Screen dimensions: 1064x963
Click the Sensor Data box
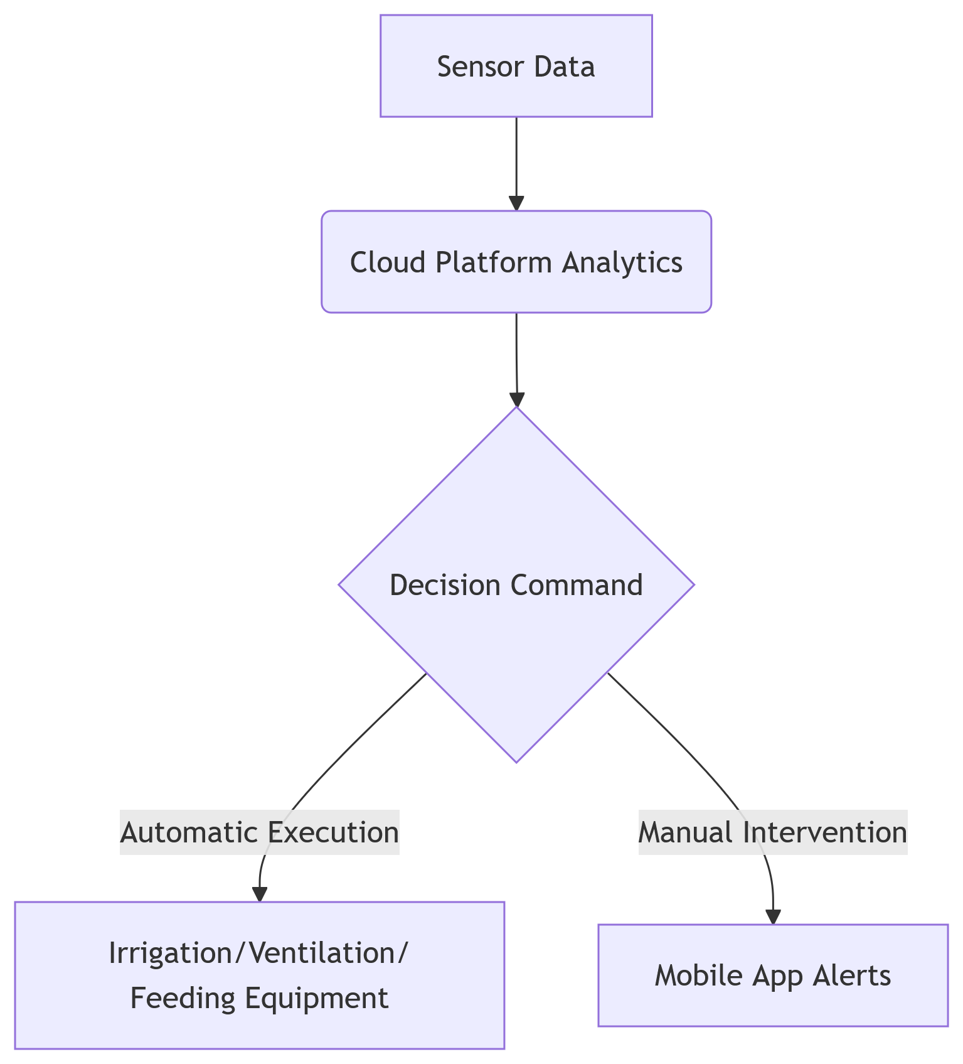tap(516, 66)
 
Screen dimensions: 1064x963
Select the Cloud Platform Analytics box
tap(516, 262)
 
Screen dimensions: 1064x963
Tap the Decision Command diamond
tap(516, 584)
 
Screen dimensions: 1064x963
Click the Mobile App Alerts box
tap(772, 975)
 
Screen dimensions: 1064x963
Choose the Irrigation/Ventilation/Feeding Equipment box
tap(259, 975)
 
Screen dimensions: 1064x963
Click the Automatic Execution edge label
tap(259, 832)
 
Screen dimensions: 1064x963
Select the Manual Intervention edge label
tap(772, 832)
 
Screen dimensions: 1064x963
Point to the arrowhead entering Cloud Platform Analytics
tap(516, 203)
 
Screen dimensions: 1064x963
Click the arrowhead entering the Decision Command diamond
tap(516, 400)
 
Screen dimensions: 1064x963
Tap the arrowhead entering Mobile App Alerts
tap(773, 916)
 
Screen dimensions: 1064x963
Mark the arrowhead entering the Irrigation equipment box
tap(259, 895)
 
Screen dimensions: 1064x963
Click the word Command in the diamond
tap(576, 585)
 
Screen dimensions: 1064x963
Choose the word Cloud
tap(388, 262)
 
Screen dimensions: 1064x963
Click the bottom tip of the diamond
tap(516, 761)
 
